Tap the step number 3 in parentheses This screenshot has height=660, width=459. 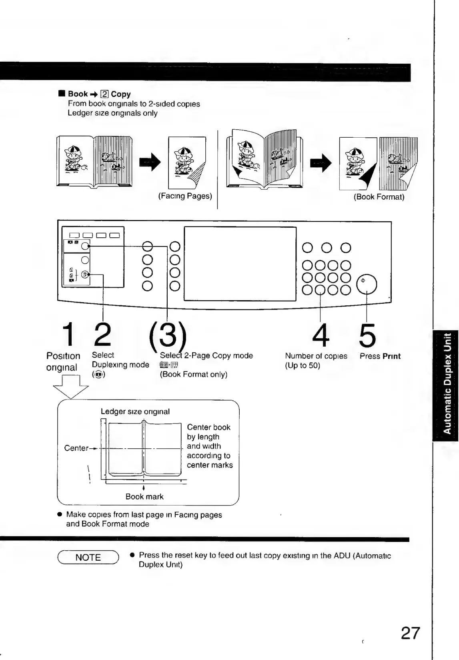coord(168,335)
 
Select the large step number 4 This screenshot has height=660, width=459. coord(321,335)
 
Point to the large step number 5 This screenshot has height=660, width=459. coord(367,335)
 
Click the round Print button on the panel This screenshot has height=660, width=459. coord(367,285)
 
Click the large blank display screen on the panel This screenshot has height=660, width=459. coord(240,263)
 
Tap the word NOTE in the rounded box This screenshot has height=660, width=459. coord(88,558)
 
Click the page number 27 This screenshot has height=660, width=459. coord(411,633)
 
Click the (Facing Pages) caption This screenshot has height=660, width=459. coord(185,196)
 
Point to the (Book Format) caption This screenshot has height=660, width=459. coord(379,197)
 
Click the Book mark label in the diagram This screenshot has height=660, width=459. coord(144,497)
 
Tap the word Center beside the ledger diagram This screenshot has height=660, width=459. coord(76,448)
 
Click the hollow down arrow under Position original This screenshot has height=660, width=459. coord(71,387)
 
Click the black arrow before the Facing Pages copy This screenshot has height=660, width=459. coord(150,162)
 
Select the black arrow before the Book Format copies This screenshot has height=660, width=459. coord(321,162)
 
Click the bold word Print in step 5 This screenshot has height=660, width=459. coord(391,356)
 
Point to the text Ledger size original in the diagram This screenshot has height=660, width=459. coord(135,411)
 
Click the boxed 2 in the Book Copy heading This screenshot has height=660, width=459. coord(104,94)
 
